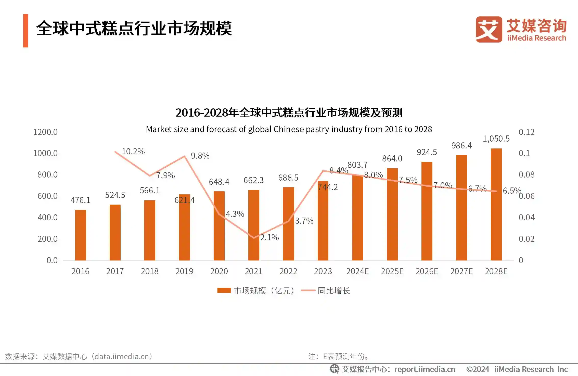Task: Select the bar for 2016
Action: (80, 235)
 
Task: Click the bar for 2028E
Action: (496, 204)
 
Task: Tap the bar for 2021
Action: (254, 224)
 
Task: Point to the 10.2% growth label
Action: (133, 152)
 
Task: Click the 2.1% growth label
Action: (269, 237)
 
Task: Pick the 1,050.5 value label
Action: (496, 139)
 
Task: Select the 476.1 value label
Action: (80, 200)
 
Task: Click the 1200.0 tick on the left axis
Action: (45, 132)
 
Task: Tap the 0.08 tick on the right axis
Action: (526, 175)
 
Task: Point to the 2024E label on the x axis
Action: (357, 271)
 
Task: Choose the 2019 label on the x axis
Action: (184, 271)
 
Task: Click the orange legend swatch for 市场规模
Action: (224, 291)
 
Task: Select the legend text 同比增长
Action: (333, 291)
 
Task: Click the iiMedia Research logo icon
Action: (489, 29)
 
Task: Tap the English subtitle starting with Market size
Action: (289, 129)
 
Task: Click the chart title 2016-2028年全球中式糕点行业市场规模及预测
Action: (289, 113)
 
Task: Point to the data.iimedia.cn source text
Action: (122, 356)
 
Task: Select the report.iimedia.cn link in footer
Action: (425, 369)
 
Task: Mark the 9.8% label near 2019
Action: (200, 156)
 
